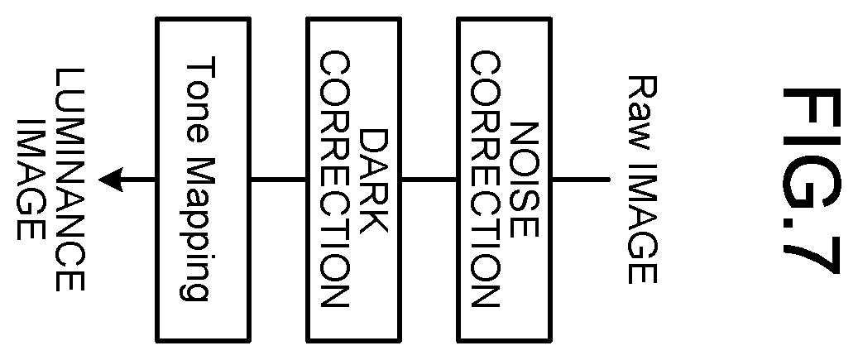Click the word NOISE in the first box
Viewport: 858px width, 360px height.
point(525,180)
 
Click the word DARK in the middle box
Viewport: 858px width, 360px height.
point(374,180)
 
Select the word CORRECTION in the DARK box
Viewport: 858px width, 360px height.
point(334,180)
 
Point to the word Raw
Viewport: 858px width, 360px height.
point(642,113)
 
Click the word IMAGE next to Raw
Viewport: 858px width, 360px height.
point(642,223)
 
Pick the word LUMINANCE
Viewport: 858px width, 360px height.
point(70,180)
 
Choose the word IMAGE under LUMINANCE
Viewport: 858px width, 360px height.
point(30,180)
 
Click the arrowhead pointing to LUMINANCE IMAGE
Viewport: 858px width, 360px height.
point(111,180)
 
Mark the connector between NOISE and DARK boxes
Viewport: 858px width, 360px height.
point(429,179)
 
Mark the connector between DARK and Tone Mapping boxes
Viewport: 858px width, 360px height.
point(279,179)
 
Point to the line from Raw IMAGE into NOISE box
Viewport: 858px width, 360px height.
point(580,179)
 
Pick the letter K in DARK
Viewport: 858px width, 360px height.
point(374,218)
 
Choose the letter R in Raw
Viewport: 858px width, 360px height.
point(642,88)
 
